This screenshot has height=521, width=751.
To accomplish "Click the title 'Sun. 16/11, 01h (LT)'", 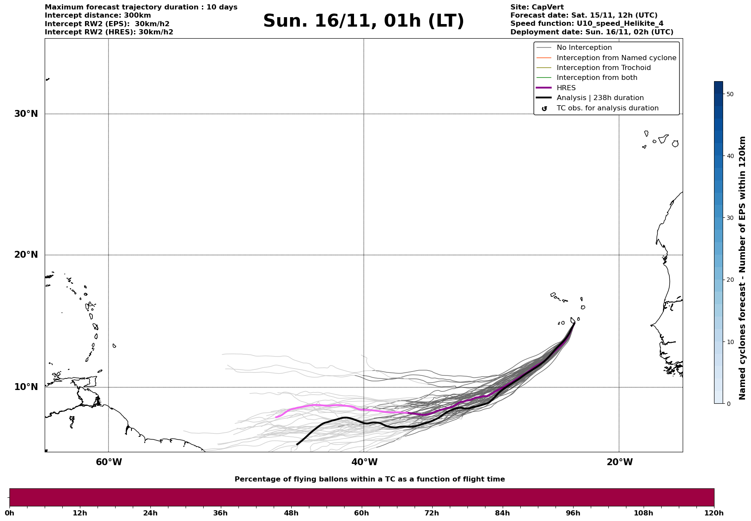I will click(363, 21).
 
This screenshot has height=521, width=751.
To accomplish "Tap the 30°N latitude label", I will click(26, 114).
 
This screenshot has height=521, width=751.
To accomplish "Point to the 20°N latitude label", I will click(26, 255).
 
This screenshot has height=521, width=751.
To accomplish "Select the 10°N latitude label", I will click(26, 387).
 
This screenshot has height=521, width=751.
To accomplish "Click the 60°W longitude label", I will click(109, 462).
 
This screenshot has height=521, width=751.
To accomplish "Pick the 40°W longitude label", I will click(364, 462).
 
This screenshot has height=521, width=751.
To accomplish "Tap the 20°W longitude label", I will click(620, 462).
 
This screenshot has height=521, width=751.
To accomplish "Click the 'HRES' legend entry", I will click(566, 88).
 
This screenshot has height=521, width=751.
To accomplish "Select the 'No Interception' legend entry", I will click(584, 48).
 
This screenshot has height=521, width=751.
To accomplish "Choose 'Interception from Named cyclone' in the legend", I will click(616, 58).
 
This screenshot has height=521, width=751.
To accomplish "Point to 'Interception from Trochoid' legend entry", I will click(603, 68).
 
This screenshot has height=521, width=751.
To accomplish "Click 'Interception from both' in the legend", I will click(597, 78).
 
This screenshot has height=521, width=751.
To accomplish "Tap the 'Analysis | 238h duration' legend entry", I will click(600, 98).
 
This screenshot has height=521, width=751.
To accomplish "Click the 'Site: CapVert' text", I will click(537, 7).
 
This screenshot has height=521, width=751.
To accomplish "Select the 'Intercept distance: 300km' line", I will click(98, 15).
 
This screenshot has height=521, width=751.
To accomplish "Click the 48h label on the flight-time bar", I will click(291, 513).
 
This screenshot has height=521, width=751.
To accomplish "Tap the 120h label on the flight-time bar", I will click(714, 513).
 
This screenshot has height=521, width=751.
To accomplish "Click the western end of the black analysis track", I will click(297, 444).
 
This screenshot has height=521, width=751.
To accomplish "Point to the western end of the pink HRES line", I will click(276, 417).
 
